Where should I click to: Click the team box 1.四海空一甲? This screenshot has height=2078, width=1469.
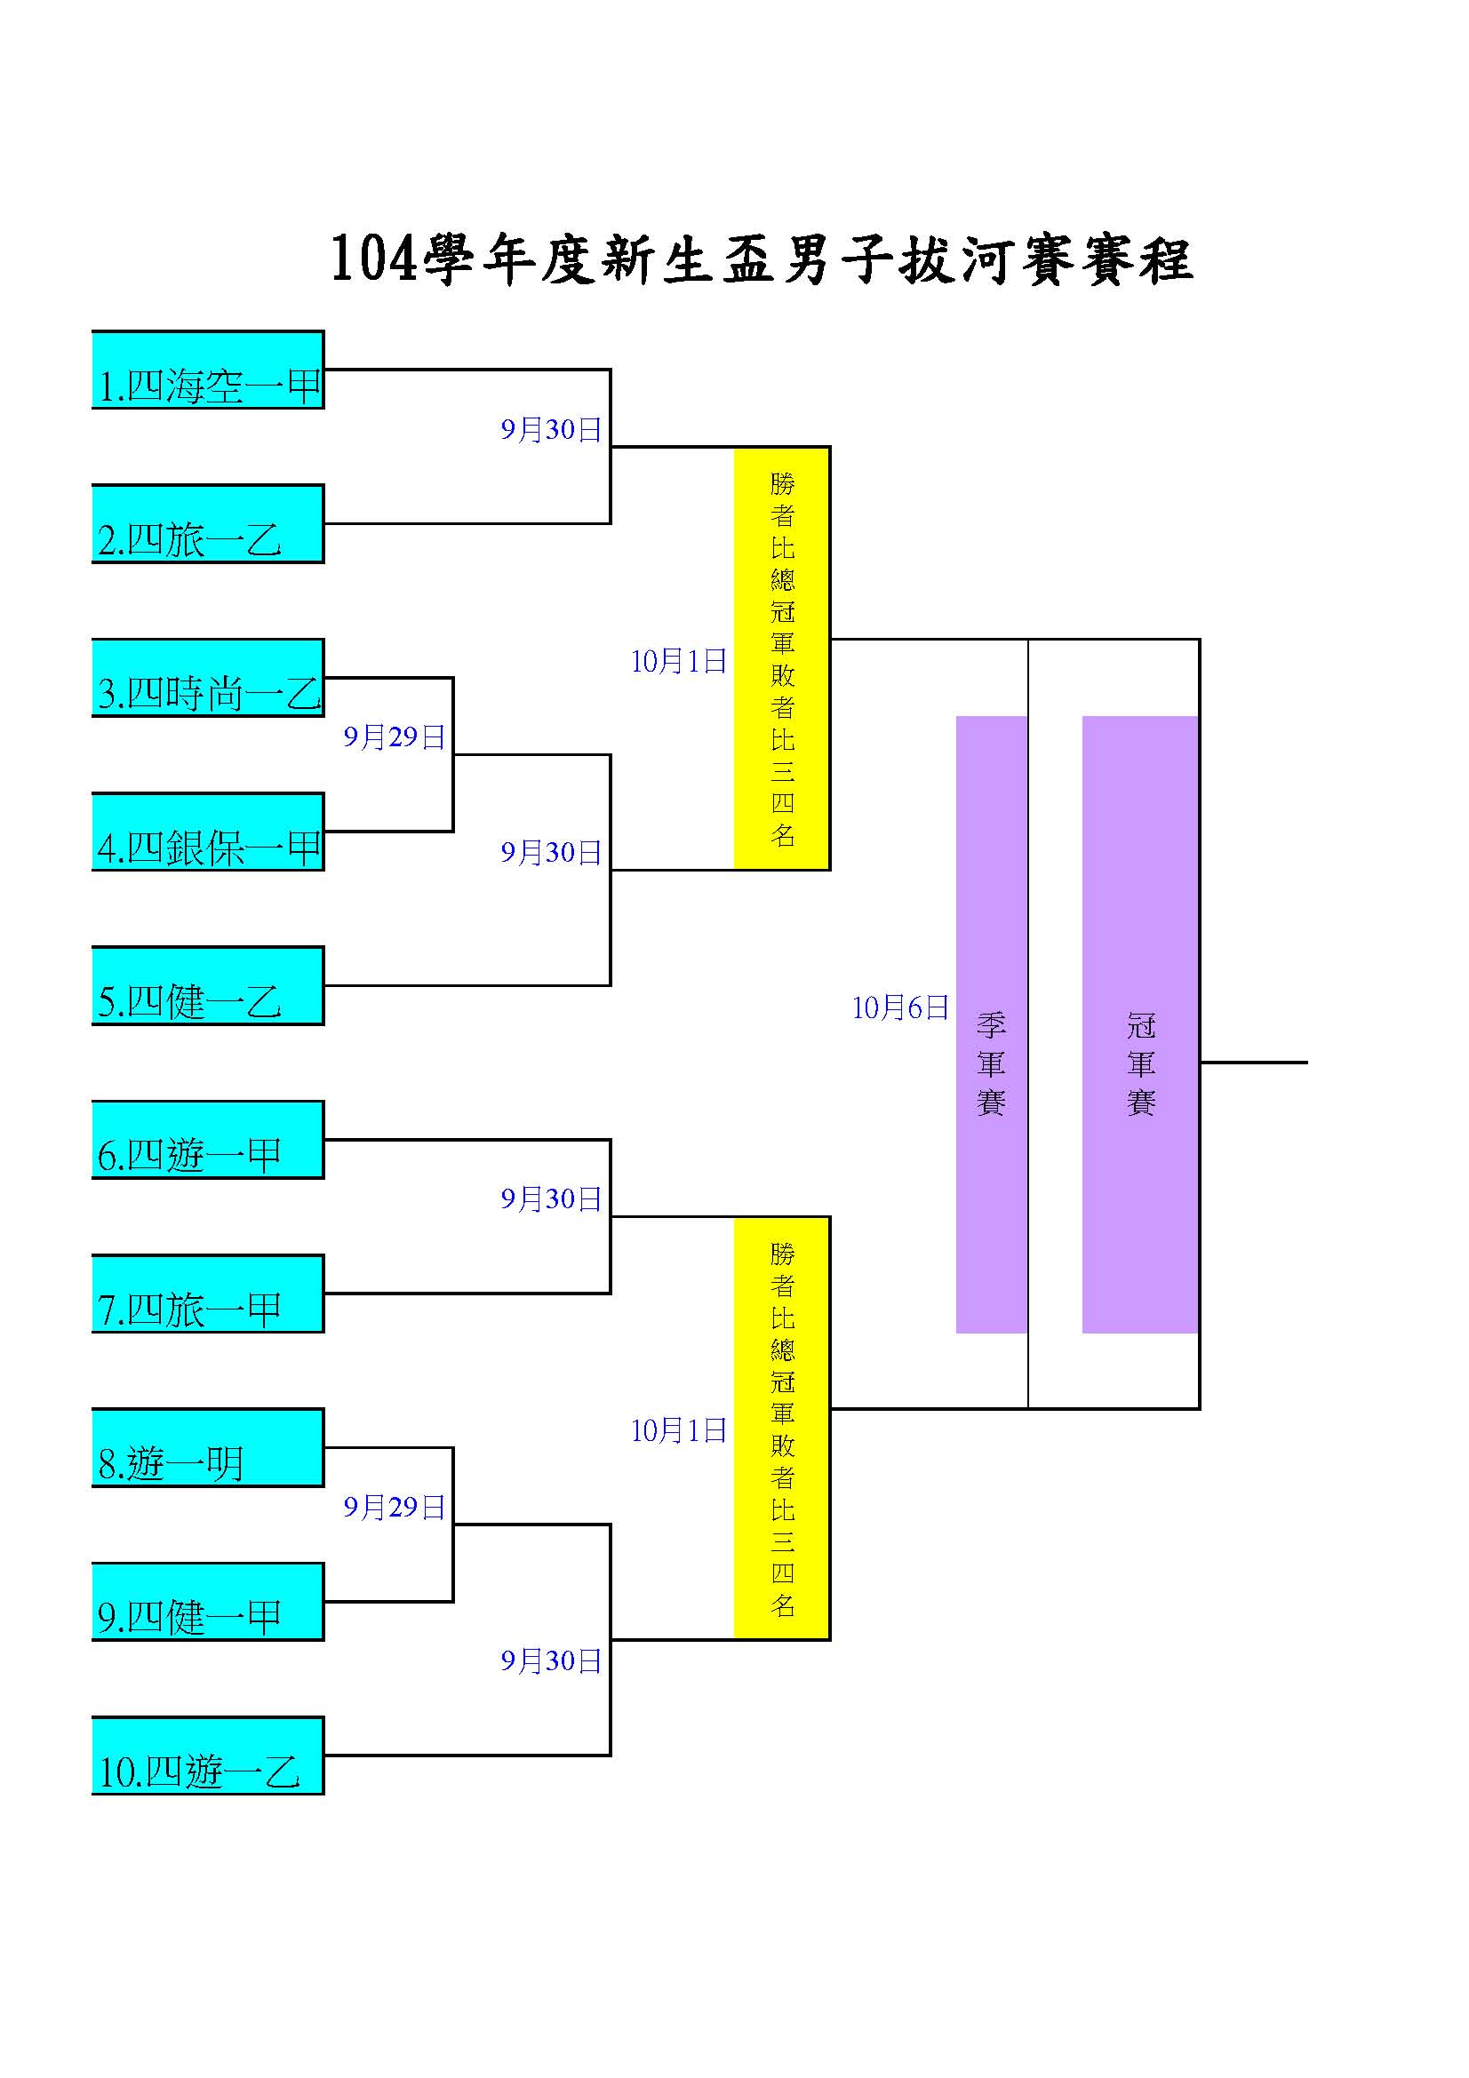207,370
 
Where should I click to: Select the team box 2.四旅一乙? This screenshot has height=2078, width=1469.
207,523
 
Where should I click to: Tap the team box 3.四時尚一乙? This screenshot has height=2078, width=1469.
207,678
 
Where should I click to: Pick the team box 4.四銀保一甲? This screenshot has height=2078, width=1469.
207,832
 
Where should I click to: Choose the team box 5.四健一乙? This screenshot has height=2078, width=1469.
207,985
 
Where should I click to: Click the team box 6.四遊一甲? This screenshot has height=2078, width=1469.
207,1140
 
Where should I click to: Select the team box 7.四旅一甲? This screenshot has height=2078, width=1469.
207,1294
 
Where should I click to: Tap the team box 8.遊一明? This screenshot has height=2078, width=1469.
207,1447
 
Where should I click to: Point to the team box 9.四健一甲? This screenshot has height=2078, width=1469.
207,1602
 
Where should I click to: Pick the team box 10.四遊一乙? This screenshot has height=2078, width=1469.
207,1756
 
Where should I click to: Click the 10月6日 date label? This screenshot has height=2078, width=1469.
899,1007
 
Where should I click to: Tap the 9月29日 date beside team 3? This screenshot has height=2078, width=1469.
394,736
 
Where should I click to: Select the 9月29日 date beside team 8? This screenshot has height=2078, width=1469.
394,1507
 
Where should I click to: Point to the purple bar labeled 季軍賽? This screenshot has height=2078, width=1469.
991,1024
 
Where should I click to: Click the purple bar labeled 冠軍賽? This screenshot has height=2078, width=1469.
1139,1024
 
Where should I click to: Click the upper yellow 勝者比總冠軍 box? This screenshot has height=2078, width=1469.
781,658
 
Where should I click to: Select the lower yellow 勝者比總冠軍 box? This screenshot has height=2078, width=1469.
781,1429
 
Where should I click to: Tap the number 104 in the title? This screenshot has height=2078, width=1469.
374,259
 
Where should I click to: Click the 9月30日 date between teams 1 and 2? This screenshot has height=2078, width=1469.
551,429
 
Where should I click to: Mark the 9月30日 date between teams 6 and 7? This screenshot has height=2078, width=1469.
551,1198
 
